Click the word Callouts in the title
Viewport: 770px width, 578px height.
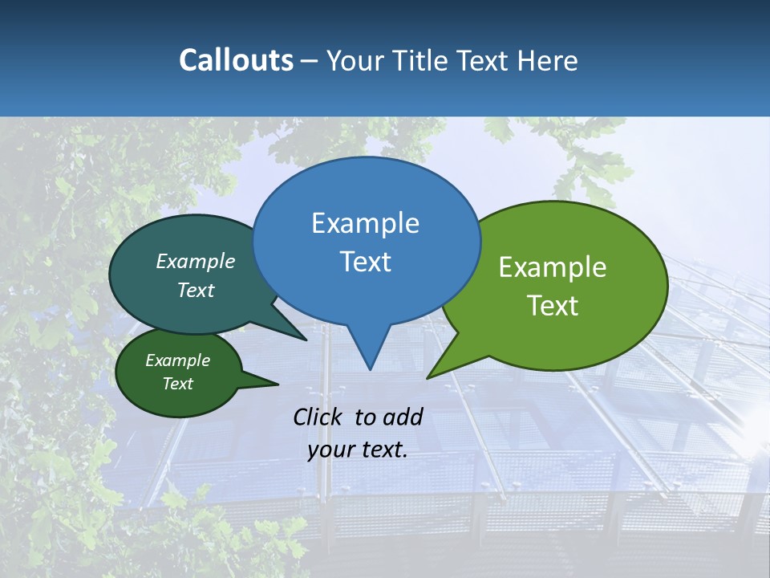[237, 60]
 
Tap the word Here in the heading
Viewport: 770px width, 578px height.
[548, 60]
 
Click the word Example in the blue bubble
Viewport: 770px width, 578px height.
[365, 223]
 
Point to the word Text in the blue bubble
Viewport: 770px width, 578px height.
[365, 261]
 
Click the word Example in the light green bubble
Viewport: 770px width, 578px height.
[553, 267]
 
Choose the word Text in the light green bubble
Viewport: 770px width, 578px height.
[553, 305]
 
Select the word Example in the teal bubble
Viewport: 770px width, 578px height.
[196, 262]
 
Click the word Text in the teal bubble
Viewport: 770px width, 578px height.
[196, 290]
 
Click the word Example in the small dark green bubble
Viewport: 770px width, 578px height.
[177, 360]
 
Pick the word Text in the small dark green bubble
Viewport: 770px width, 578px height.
[177, 384]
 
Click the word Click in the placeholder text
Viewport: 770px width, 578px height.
[319, 417]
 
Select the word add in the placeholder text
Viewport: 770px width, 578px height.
[403, 417]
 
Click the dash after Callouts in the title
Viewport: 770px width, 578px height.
[310, 61]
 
